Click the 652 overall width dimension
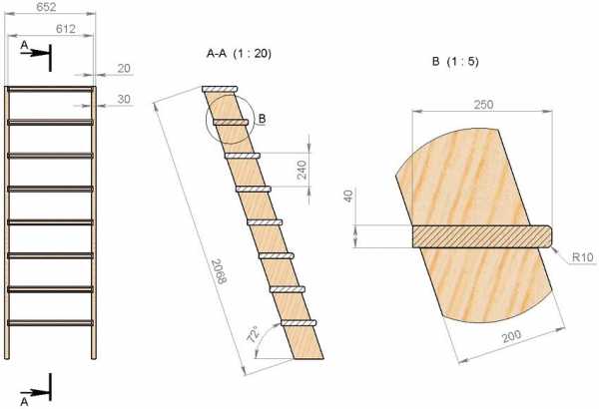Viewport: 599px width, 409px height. point(46,7)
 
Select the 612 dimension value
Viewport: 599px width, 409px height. point(66,29)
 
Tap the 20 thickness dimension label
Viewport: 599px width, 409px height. point(124,69)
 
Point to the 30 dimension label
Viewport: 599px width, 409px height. point(124,99)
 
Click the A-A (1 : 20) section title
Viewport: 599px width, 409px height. point(239,54)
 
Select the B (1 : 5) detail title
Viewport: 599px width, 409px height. point(455,62)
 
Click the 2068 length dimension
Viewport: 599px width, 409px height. point(219,271)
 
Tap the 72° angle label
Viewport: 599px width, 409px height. point(254,334)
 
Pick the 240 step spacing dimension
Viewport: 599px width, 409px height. point(301,170)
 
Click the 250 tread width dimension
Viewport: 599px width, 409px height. point(483,105)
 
